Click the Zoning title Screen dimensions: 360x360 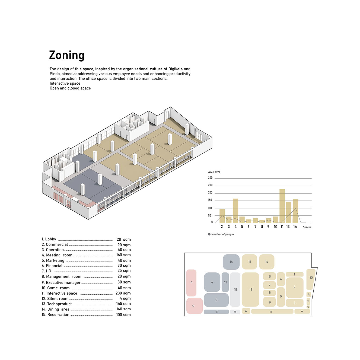(67, 55)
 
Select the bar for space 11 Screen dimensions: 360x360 (282, 206)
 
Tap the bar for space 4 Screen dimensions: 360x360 (235, 211)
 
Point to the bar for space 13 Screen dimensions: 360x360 (288, 212)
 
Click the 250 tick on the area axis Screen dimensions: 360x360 (210, 185)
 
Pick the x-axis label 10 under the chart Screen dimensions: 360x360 (275, 227)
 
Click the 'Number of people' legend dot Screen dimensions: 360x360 (209, 234)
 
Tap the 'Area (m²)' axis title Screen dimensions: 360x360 (214, 172)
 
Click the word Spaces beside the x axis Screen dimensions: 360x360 (307, 227)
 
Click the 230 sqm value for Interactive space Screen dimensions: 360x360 (123, 293)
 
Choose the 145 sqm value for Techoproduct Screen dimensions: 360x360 (123, 304)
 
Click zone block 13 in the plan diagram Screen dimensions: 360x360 (250, 289)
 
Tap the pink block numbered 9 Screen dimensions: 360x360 (195, 306)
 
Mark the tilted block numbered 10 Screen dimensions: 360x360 (311, 279)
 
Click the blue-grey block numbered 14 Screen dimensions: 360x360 (231, 262)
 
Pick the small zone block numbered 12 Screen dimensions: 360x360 (308, 307)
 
